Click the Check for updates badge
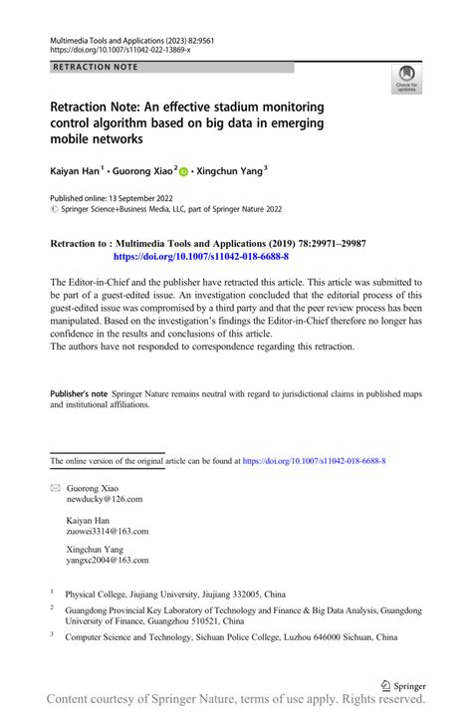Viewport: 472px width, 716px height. point(407,81)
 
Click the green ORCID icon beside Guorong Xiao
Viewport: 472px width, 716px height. point(184,172)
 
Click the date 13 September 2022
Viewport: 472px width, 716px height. point(148,199)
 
